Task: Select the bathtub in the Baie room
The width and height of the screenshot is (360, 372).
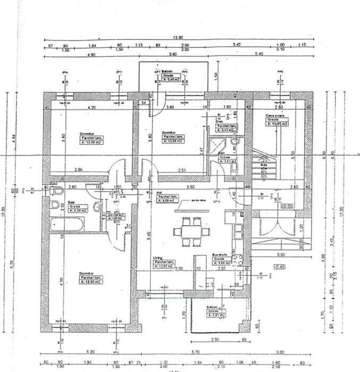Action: (x=65, y=224)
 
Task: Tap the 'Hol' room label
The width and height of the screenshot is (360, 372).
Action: (x=159, y=192)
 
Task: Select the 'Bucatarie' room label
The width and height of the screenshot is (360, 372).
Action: (x=220, y=255)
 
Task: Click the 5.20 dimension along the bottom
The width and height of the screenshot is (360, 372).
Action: (x=88, y=352)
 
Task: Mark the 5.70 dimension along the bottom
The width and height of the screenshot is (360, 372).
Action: (x=195, y=352)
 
